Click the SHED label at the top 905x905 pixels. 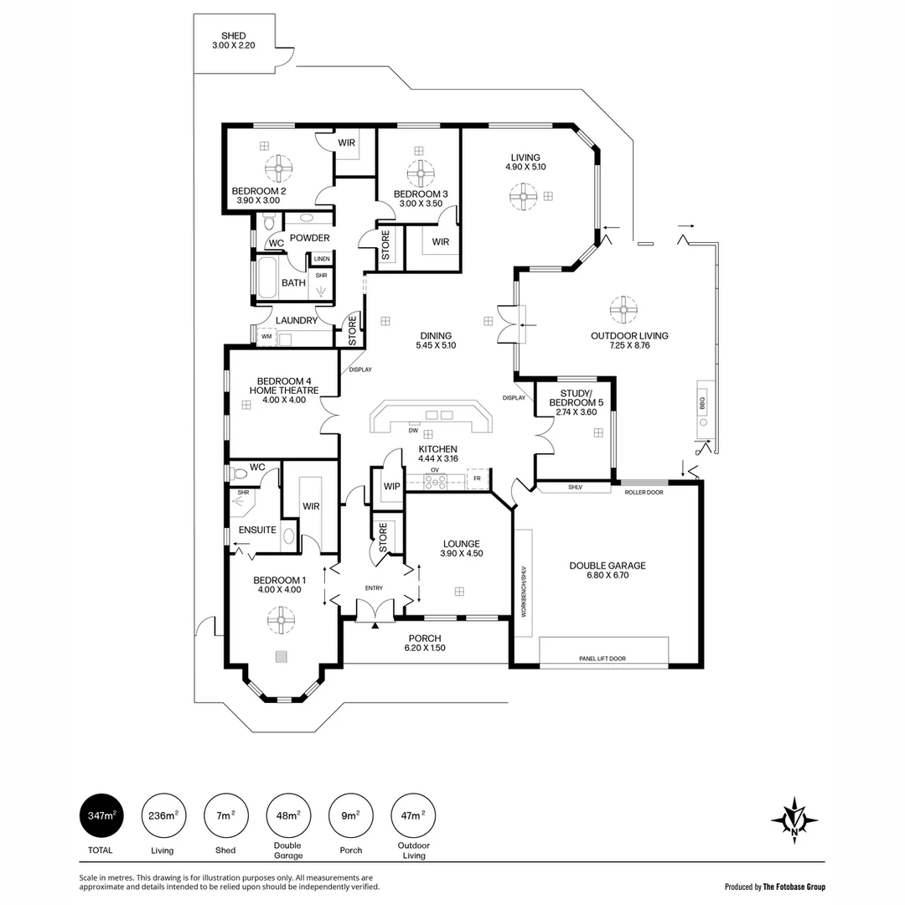(234, 36)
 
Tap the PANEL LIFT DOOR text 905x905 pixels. (602, 659)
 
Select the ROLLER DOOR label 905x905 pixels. (644, 492)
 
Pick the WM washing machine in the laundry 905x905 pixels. (266, 337)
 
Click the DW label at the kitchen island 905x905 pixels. (413, 431)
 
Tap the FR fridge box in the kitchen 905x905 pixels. (477, 478)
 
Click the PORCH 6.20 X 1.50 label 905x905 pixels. (425, 643)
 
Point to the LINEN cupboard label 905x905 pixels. (322, 259)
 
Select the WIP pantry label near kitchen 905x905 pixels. (390, 486)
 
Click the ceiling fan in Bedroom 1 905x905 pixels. (281, 621)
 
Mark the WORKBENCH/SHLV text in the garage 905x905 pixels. (524, 592)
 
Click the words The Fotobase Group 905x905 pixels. (794, 886)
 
